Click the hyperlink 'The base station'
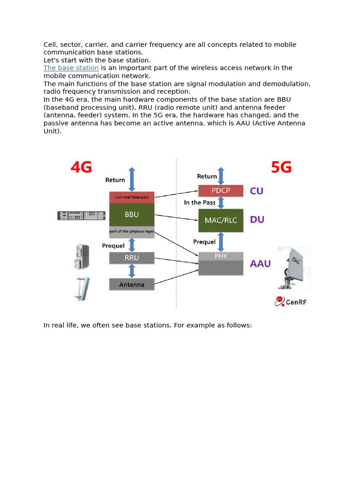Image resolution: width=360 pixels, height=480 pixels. click(71, 68)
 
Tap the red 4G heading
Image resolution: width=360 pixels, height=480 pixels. click(81, 167)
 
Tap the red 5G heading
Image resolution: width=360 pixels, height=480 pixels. click(281, 167)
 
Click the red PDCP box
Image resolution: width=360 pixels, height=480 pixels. click(221, 191)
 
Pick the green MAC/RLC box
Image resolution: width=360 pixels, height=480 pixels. click(221, 220)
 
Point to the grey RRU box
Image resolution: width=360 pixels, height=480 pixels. click(132, 258)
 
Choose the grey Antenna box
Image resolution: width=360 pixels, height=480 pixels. click(132, 284)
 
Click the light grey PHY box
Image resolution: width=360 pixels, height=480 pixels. click(221, 256)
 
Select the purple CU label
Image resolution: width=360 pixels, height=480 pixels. click(256, 191)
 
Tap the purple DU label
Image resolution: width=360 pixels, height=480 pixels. click(257, 219)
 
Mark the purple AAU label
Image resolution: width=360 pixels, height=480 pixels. click(260, 263)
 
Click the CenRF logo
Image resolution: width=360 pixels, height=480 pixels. click(291, 301)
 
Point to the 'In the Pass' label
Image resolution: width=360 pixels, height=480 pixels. click(200, 202)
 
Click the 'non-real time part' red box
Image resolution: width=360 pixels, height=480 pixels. click(132, 197)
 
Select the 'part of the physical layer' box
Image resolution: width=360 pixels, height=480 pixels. click(132, 232)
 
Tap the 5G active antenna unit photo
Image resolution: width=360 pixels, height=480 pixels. click(294, 268)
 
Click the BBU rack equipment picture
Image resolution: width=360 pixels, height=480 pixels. click(80, 216)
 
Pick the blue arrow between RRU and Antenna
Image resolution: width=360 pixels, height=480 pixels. click(132, 271)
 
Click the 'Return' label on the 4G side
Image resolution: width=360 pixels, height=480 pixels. click(115, 180)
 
